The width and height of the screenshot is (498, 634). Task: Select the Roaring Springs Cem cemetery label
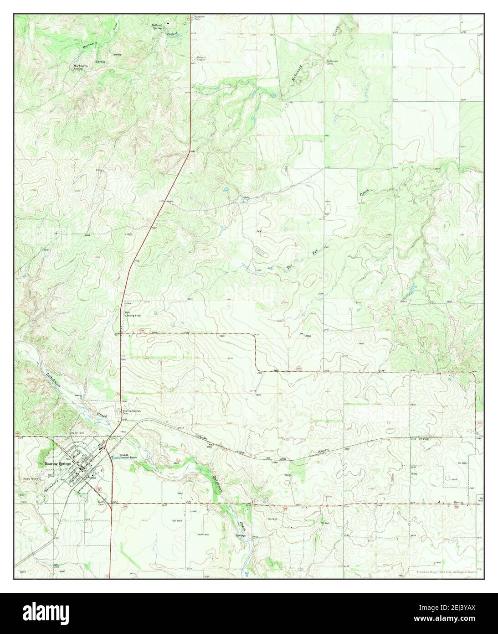pyautogui.click(x=131, y=412)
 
